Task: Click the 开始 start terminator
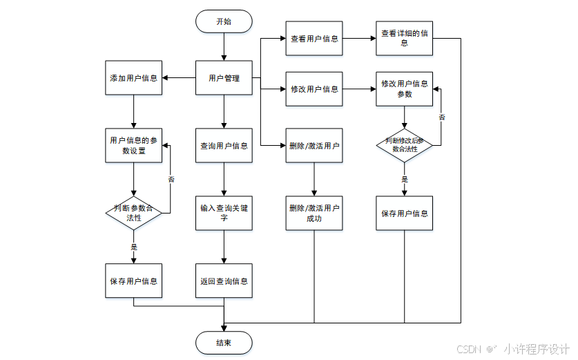[224, 21]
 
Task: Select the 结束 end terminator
[224, 343]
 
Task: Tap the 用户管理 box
[224, 78]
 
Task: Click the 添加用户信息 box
[133, 78]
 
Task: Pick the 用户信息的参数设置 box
[133, 145]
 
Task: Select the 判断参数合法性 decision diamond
[133, 213]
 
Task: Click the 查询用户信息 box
[224, 146]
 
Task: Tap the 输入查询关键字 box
[224, 213]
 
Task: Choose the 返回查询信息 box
[224, 281]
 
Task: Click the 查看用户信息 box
[314, 39]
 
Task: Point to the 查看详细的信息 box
[405, 38]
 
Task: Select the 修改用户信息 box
[314, 89]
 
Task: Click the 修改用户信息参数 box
[405, 89]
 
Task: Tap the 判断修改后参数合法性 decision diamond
[405, 145]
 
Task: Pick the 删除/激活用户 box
[314, 146]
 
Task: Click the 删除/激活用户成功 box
[314, 213]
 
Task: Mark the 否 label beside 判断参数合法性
[171, 179]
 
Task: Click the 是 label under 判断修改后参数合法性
[405, 179]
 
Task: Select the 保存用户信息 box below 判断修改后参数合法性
[405, 213]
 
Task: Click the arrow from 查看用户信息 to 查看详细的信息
[359, 39]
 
